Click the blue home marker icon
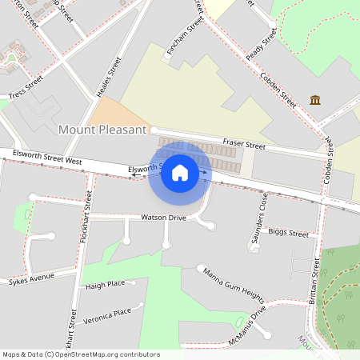pos(180,173)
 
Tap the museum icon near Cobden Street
pos(316,100)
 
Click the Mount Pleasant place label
pos(103,129)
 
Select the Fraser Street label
pos(243,145)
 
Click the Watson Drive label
pos(163,217)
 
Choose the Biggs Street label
pos(288,234)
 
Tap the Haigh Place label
pos(105,284)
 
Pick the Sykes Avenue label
pos(31,278)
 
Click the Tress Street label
pos(26,89)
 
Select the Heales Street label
pos(108,77)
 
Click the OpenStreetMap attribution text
pos(80,354)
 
